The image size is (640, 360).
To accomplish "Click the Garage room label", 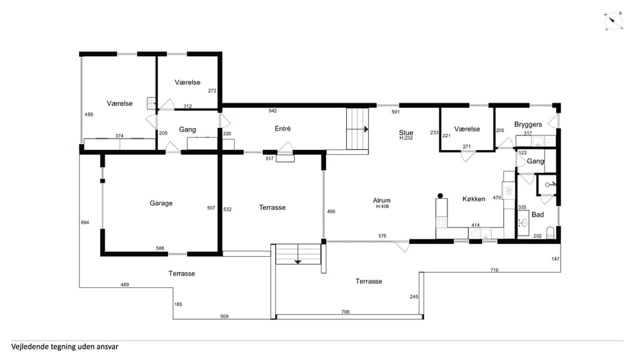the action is (161, 203).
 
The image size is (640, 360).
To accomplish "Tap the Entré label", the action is (283, 129).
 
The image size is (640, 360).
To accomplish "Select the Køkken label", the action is (474, 199).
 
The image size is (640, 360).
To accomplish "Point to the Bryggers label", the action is (528, 125).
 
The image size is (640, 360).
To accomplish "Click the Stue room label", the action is (406, 132).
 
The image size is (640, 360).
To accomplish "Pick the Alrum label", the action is (381, 201).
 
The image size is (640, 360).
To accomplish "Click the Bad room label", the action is (537, 215).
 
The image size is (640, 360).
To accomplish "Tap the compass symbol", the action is (613, 21).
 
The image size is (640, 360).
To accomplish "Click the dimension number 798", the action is (345, 312).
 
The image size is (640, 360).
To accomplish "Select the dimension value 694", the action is (85, 223).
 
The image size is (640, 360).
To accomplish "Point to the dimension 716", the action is (494, 270).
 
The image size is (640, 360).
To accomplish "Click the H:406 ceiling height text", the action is (383, 207).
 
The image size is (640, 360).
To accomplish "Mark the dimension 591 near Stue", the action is (395, 112).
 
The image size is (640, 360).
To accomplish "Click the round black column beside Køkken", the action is (440, 196).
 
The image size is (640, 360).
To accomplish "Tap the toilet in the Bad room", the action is (550, 233).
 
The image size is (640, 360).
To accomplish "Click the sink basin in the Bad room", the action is (524, 223).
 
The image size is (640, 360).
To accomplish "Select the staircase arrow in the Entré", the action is (366, 129).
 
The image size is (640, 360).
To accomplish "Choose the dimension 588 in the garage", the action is (160, 248).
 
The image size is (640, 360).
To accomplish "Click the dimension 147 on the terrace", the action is (555, 259).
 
